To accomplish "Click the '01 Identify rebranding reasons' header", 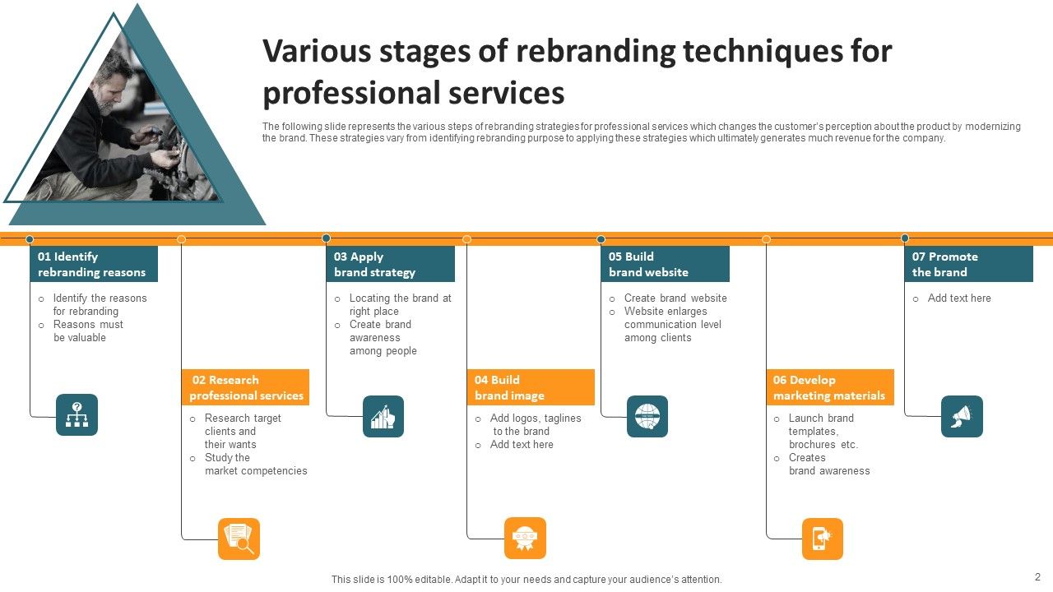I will tap(94, 264).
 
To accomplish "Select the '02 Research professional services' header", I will tap(245, 387).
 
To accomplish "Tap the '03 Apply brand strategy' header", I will tap(390, 264).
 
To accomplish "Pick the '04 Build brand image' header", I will tap(531, 387).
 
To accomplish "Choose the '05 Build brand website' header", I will tap(665, 264).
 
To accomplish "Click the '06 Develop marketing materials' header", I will tap(829, 387).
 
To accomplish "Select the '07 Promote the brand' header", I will tap(968, 264).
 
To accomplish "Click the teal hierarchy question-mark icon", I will tap(77, 414).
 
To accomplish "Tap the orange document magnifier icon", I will tap(239, 539).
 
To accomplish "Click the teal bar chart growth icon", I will tap(383, 416).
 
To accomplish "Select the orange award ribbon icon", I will tap(525, 539).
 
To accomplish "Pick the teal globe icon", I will tap(647, 416).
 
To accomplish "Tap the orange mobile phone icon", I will tap(823, 539).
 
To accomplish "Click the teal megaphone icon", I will tap(962, 416).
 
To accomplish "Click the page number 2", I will tap(1037, 576).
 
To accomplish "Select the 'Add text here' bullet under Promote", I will tap(959, 298).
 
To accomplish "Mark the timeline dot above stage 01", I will tap(30, 239).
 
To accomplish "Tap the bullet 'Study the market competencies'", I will tap(255, 465).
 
